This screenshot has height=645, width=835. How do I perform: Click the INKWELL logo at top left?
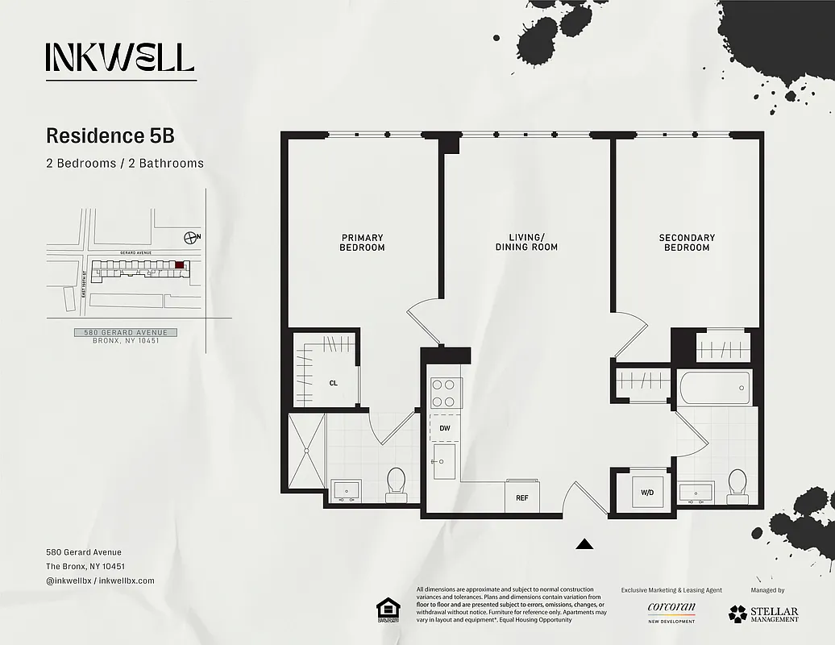click(120, 57)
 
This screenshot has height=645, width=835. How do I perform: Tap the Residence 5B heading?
click(110, 135)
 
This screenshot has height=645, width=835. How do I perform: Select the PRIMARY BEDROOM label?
click(362, 243)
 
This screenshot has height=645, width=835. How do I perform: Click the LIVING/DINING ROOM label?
click(526, 243)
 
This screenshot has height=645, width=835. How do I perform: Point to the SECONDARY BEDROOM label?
click(687, 243)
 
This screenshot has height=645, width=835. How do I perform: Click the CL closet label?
click(333, 384)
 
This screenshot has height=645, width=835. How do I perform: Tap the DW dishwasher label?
click(444, 428)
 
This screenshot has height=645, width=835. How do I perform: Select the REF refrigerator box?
click(521, 497)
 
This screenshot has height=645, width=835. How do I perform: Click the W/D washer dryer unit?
click(646, 492)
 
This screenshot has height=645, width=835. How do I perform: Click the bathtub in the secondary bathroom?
click(716, 389)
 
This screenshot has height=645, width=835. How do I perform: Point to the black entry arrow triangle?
click(585, 545)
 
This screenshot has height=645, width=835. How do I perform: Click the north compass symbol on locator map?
click(190, 237)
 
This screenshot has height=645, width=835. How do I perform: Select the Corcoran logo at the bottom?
click(671, 610)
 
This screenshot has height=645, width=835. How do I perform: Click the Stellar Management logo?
click(763, 614)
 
